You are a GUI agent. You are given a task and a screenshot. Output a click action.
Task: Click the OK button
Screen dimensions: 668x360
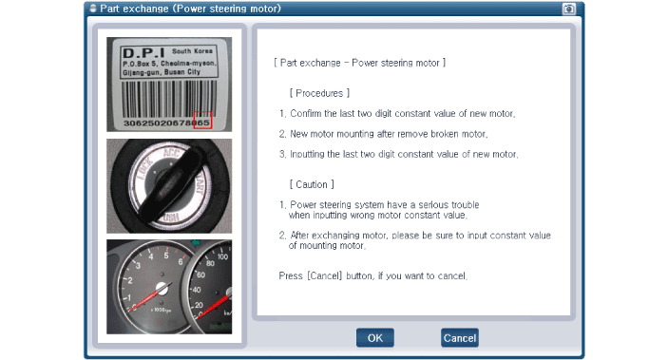point(375,338)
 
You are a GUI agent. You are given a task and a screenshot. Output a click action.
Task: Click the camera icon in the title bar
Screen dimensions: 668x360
point(569,9)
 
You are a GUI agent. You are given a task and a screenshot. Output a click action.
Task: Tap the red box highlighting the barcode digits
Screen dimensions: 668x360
point(202,120)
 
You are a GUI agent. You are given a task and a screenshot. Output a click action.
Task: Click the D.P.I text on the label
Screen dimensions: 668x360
point(143,53)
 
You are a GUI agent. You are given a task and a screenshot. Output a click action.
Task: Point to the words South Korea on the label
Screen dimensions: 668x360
point(192,51)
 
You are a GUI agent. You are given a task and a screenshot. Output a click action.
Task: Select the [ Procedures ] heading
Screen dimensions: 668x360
point(319,93)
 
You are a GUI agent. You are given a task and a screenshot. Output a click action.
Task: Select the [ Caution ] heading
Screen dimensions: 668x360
point(312,184)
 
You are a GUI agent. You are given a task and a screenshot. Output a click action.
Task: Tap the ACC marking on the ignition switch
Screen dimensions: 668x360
point(171,153)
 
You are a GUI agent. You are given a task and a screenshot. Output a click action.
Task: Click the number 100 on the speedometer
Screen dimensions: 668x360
point(222,256)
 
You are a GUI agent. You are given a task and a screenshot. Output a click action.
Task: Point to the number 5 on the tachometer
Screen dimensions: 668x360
point(166,256)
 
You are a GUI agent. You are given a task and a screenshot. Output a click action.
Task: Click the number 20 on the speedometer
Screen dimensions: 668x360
point(199,305)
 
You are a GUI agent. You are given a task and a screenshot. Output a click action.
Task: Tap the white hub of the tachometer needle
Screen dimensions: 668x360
point(162,289)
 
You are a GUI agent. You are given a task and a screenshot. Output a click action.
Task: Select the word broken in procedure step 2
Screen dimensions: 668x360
point(446,134)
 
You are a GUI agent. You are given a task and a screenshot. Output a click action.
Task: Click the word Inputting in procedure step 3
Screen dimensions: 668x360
point(307,154)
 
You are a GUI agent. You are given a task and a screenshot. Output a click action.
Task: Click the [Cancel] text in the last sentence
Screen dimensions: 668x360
point(325,275)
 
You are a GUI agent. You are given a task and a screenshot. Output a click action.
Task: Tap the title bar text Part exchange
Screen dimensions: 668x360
point(134,9)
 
